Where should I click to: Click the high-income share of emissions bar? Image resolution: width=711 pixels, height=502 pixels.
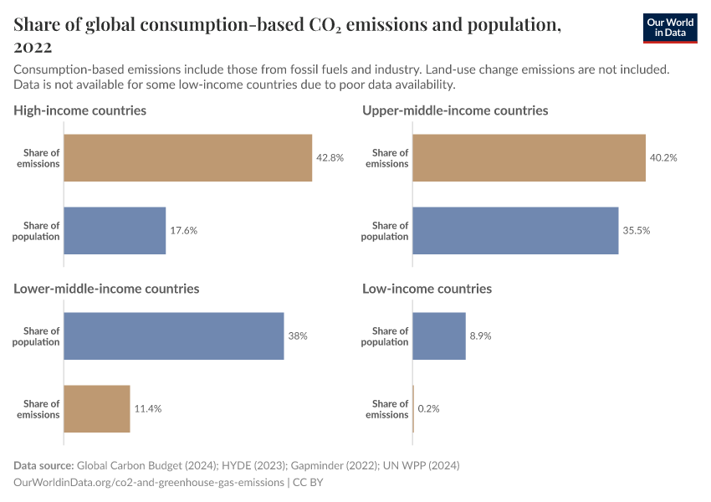coord(187,158)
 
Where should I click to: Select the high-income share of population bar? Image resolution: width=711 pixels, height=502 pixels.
coord(115,231)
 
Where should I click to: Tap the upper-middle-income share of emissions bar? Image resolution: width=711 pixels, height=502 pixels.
coord(529,158)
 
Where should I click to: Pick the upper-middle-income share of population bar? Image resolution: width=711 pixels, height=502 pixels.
coord(515,231)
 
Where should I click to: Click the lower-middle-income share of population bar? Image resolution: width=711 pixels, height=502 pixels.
coord(174,336)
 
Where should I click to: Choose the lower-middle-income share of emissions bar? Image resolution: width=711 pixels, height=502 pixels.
coord(97,409)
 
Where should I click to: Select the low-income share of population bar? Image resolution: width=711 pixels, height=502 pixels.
coord(439,336)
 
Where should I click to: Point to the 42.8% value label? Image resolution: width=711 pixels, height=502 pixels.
coord(330,158)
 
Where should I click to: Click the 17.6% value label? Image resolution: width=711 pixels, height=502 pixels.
coord(183,231)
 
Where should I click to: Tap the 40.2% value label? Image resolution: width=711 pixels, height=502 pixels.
coord(663,158)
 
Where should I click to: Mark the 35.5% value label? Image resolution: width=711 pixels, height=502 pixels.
coord(636,231)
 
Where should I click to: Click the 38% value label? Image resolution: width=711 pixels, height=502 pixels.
coord(298,336)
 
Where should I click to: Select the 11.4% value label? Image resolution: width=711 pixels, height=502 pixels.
coord(147,409)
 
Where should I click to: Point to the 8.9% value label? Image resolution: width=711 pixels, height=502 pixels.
coord(480,336)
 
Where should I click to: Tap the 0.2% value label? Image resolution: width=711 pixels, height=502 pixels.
coord(429,409)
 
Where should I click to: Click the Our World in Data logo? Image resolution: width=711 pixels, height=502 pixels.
coord(670,28)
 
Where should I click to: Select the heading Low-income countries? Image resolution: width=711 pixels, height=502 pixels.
coord(427,289)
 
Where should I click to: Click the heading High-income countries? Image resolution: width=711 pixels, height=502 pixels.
coord(80,110)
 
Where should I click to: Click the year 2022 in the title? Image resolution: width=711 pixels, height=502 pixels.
coord(33,48)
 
